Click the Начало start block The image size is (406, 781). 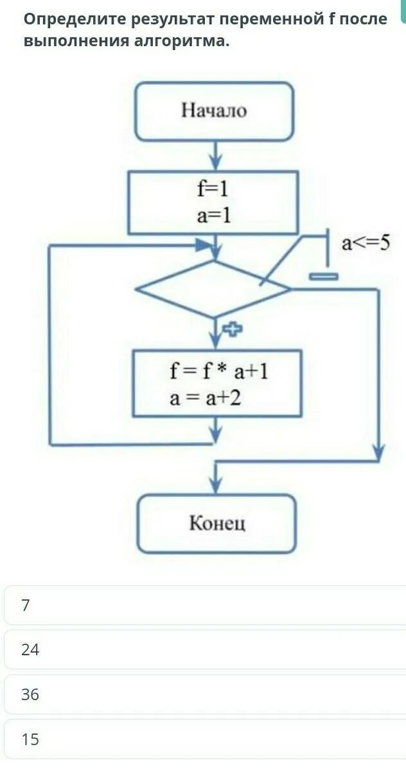tap(213, 111)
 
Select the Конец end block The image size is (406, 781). tap(216, 524)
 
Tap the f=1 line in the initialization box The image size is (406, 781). tap(213, 190)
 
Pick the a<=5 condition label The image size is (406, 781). tap(366, 243)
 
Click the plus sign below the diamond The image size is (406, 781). tap(232, 329)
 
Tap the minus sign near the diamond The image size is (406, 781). tap(323, 277)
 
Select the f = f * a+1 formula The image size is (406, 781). tap(218, 371)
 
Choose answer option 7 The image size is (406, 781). tap(26, 605)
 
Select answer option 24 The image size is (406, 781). tap(30, 650)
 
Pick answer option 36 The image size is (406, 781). tap(30, 694)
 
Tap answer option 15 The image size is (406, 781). tap(30, 739)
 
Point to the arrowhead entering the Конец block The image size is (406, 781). tap(216, 485)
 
